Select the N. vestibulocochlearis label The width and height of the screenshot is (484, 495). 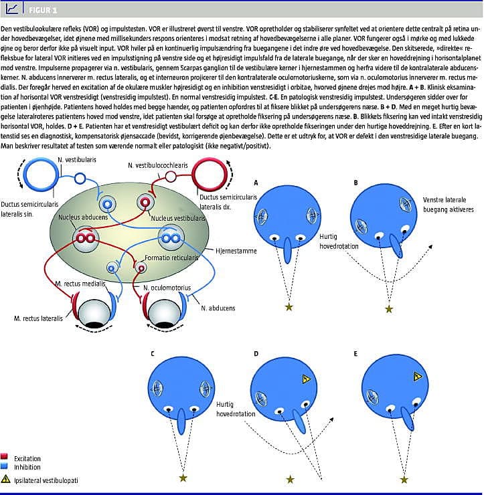[159, 165]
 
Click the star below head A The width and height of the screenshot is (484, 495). [289, 306]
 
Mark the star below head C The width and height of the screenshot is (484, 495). [183, 478]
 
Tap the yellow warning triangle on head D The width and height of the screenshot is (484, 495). [307, 379]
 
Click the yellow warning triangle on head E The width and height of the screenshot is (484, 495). [417, 377]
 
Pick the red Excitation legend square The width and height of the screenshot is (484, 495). [5, 454]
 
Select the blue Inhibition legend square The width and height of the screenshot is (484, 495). [5, 466]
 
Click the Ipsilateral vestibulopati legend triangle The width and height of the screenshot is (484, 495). [6, 479]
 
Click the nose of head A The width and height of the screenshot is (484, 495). [289, 248]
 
